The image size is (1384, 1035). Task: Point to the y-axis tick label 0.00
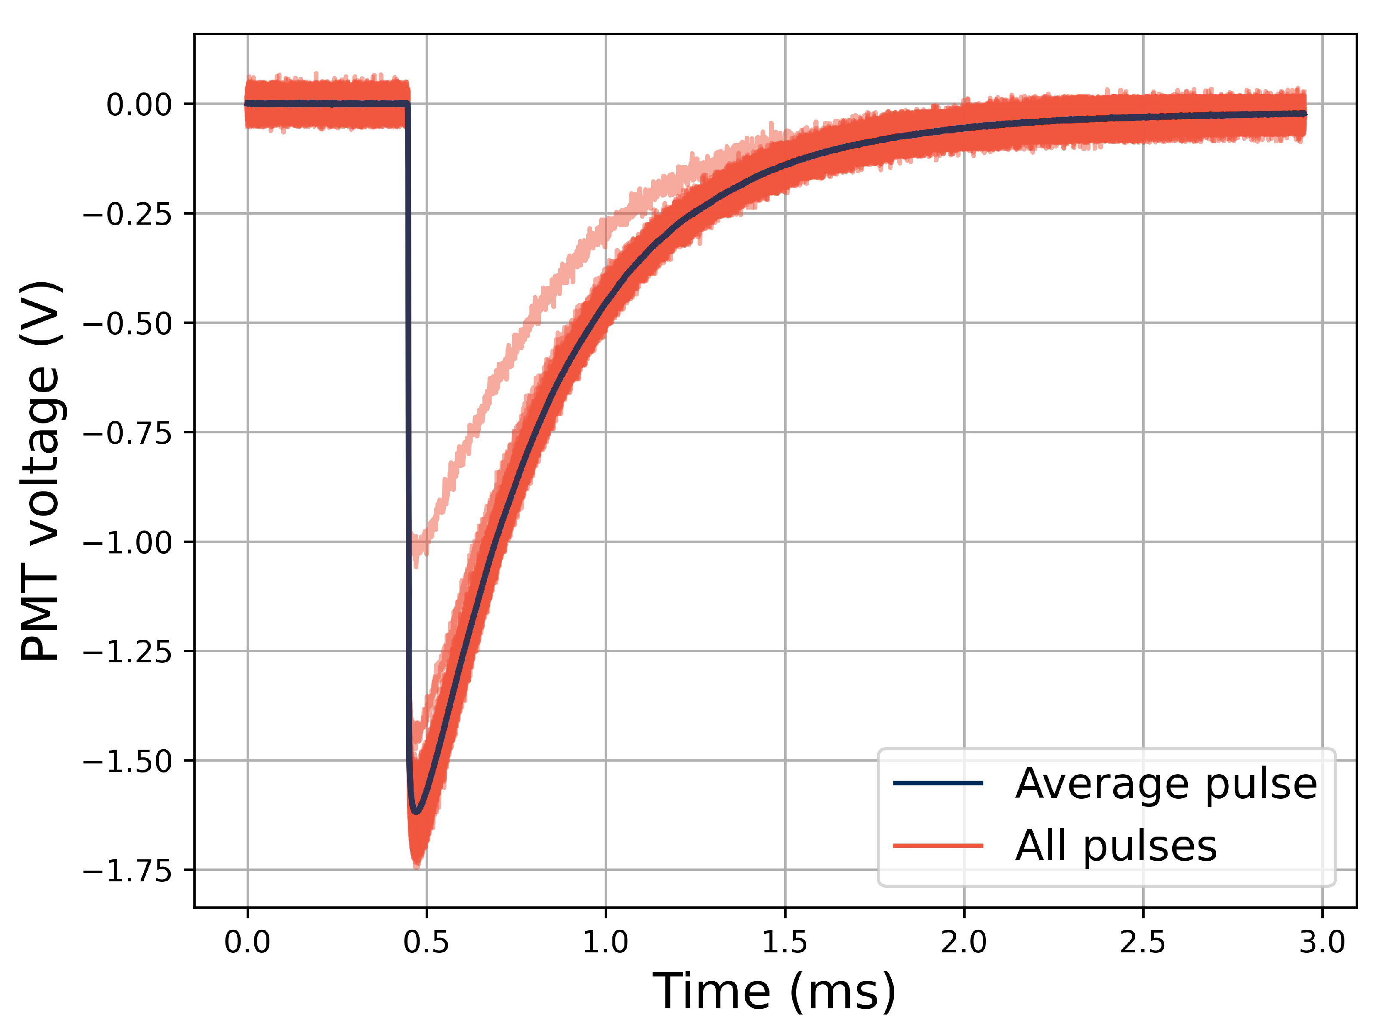point(139,105)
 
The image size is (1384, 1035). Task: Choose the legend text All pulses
point(1115,846)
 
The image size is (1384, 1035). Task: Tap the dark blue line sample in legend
point(938,783)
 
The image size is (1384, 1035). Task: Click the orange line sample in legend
point(938,846)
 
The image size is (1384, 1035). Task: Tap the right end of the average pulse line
point(1305,114)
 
